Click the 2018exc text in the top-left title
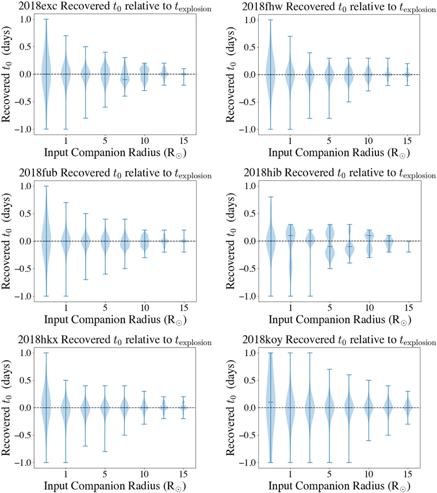click(x=38, y=6)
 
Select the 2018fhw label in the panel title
click(x=262, y=6)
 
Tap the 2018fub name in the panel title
click(x=39, y=173)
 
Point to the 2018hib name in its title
click(x=263, y=173)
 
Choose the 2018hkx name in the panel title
click(x=38, y=339)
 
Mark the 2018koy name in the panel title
click(x=262, y=339)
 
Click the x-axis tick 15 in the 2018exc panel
click(x=184, y=140)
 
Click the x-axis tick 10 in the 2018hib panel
click(x=369, y=307)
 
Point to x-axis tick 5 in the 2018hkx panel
click(x=105, y=473)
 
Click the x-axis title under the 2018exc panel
click(x=115, y=153)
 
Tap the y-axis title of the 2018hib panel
click(x=231, y=241)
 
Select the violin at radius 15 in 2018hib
click(x=408, y=246)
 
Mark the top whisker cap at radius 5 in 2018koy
click(x=329, y=369)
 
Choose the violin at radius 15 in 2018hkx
click(x=183, y=407)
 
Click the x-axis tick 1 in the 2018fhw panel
click(x=290, y=140)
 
